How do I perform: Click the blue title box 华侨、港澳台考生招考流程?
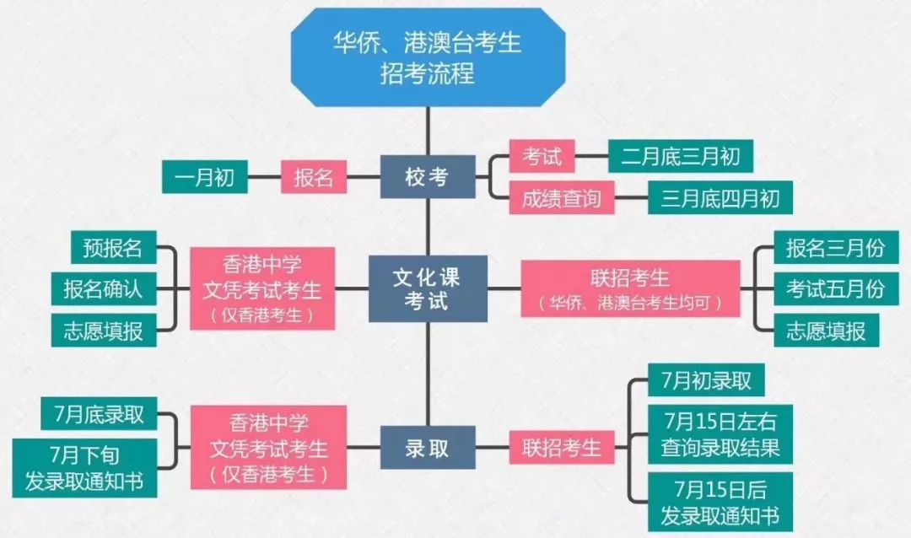point(428,57)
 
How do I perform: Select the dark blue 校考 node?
point(428,176)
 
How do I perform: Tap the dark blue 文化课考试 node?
point(428,288)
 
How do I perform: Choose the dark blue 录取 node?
point(428,448)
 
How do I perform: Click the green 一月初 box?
point(204,176)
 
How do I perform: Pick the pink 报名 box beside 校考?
point(314,176)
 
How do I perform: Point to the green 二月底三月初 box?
point(681,156)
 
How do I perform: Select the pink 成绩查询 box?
point(561,198)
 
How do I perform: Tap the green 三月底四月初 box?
point(720,198)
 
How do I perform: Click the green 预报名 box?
point(113,247)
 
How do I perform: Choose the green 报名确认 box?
point(104,288)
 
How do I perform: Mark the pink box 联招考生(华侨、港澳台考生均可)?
point(630,288)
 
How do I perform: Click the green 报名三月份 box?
point(836,247)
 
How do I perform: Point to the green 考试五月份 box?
point(836,288)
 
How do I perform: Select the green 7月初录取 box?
point(706,380)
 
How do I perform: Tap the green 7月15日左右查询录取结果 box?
point(720,434)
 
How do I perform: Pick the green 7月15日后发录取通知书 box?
point(720,502)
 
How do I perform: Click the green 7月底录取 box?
point(99,414)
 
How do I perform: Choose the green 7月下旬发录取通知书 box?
point(85,468)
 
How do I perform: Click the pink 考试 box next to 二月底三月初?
point(542,156)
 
